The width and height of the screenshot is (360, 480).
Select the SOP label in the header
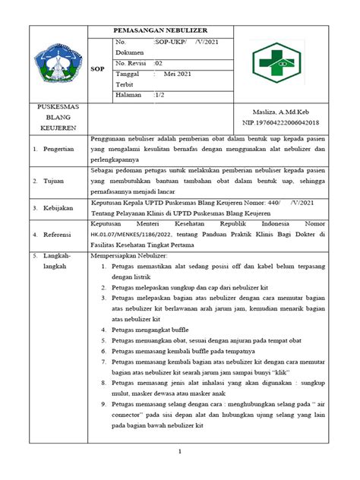click(99, 68)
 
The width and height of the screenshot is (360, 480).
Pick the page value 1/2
click(159, 96)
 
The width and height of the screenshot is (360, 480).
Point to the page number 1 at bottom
click(180, 452)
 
